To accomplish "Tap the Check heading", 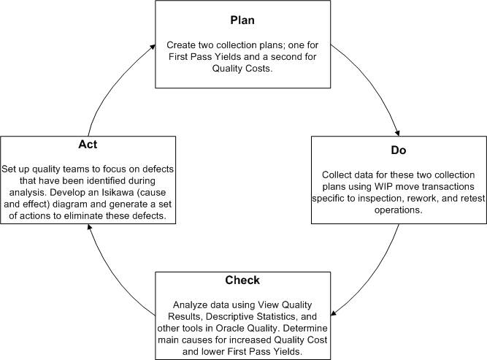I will point(243,280).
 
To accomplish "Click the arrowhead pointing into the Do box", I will point(397,133).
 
